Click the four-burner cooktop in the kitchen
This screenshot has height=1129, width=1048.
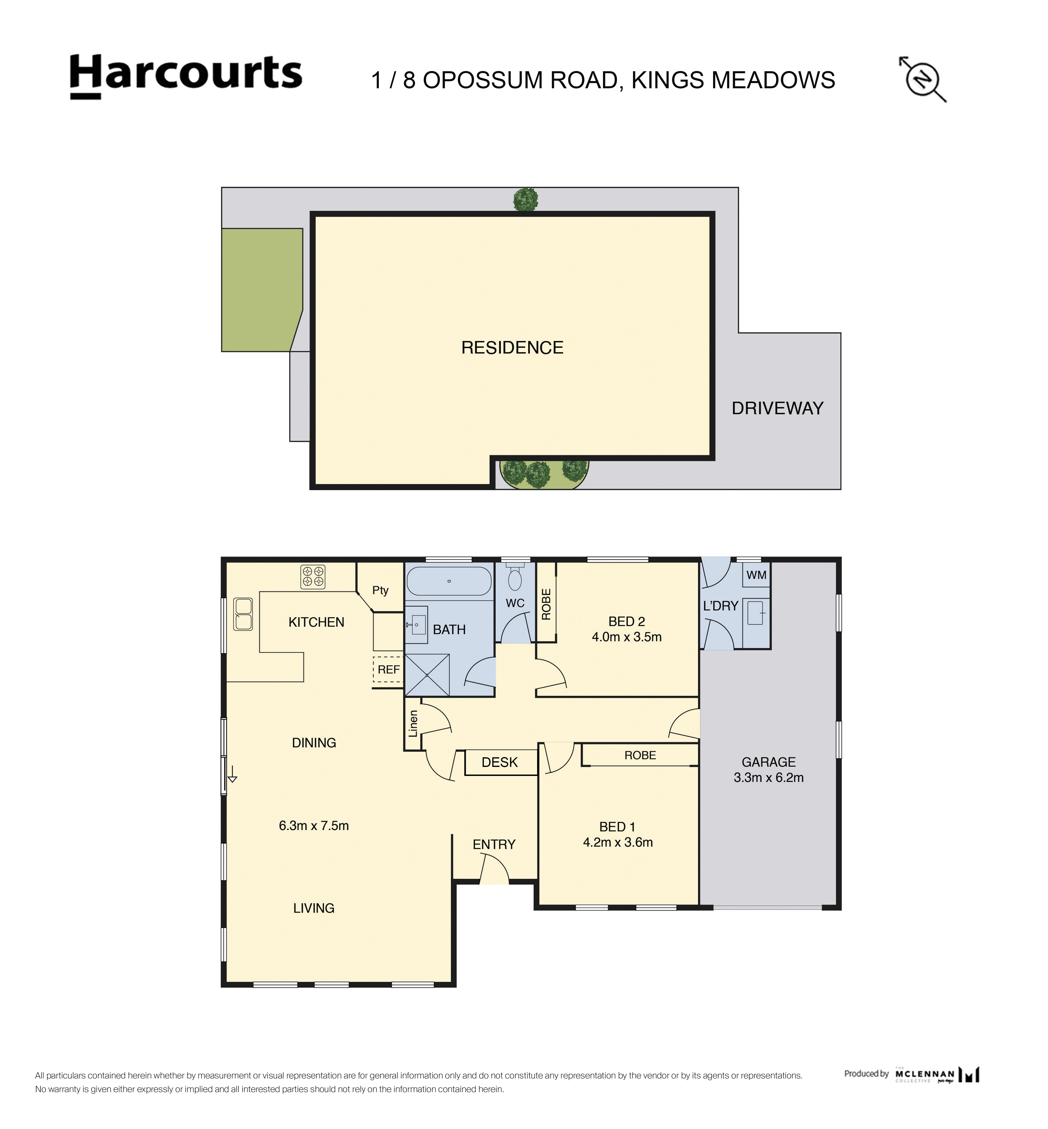(x=312, y=577)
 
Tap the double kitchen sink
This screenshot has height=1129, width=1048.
(x=243, y=614)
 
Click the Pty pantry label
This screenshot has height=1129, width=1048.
(x=380, y=590)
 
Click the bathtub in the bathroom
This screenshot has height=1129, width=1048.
(x=449, y=581)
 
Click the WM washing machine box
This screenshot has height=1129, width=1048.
(x=756, y=575)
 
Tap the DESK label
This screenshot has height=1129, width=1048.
(x=500, y=763)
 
